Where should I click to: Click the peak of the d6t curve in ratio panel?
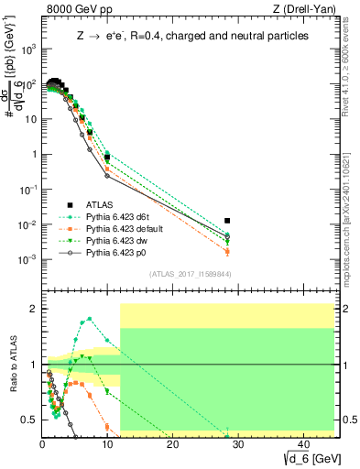pos(89,319)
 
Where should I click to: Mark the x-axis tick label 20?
pos(172,446)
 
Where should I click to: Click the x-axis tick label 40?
pos(302,446)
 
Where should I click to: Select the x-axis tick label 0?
pos(42,446)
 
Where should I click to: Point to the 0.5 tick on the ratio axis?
pos(30,420)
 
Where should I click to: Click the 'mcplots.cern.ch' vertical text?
pos(351,211)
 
